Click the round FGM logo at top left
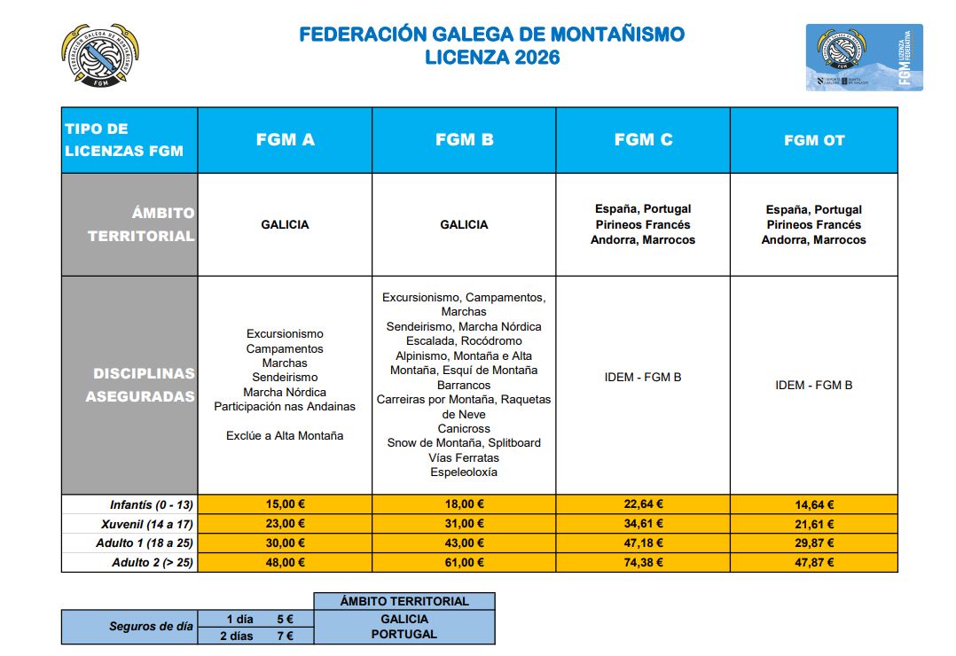(99, 56)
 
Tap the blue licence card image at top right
(864, 57)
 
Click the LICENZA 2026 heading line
(492, 58)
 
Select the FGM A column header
(285, 140)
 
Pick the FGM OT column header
(814, 140)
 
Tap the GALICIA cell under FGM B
(464, 224)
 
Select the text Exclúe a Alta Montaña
(285, 435)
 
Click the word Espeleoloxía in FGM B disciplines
(464, 472)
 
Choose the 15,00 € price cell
(285, 504)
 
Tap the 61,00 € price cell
(464, 562)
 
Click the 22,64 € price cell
(643, 504)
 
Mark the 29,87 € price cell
(813, 543)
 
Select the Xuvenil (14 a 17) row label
(144, 524)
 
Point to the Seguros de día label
(151, 626)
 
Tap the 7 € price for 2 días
(284, 635)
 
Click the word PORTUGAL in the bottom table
(404, 634)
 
